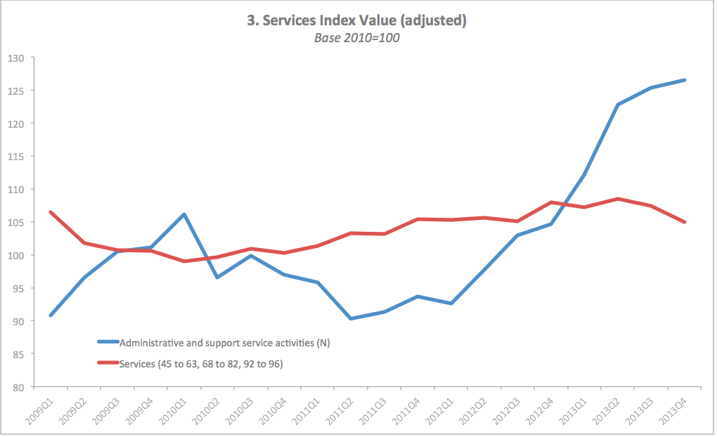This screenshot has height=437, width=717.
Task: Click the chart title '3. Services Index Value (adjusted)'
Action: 356,21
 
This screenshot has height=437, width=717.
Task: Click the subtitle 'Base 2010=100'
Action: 356,38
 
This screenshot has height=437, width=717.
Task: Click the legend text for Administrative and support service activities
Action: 225,343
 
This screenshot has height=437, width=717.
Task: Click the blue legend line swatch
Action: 108,343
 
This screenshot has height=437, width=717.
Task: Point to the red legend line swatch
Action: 108,363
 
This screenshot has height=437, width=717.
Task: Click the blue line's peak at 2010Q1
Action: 183,214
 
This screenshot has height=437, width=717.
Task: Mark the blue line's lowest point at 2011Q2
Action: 350,318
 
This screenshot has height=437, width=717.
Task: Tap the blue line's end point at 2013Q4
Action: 684,80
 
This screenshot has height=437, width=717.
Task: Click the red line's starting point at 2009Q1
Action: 51,212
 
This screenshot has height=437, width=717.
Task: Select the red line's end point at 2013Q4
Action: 684,222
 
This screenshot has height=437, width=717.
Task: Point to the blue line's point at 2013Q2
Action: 617,105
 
